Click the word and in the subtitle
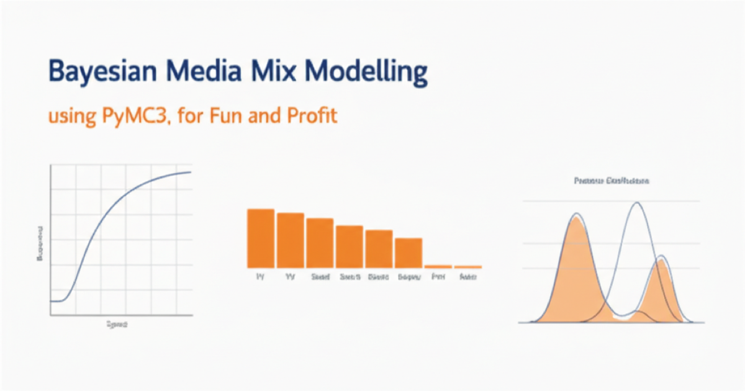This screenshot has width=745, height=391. pos(266,115)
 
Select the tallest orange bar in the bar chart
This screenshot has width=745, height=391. pos(261,238)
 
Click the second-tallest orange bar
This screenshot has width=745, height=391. pos(291,240)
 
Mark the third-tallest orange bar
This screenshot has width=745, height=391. pos(320,243)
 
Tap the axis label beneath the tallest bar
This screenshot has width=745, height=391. pos(260,277)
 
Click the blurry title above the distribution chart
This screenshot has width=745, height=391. pos(611,181)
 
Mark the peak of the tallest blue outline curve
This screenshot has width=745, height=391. pos(636,203)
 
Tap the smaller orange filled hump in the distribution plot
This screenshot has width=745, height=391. pos(661,289)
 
